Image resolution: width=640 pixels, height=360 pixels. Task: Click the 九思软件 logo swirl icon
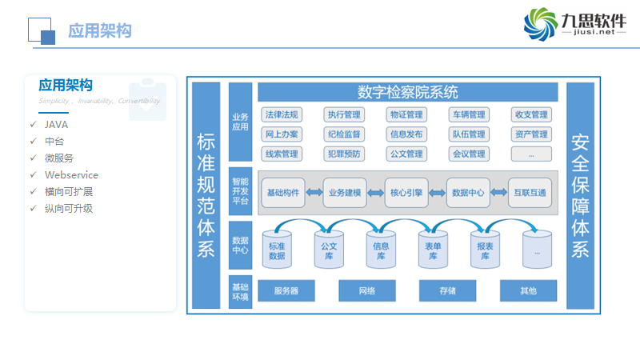(542, 25)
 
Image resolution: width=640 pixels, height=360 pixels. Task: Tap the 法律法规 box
(282, 115)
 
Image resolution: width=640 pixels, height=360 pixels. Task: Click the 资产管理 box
(531, 134)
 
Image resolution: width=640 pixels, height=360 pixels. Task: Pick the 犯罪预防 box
(344, 154)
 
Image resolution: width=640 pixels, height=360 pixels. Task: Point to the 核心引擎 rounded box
(407, 193)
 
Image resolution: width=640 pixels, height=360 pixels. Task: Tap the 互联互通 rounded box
(530, 193)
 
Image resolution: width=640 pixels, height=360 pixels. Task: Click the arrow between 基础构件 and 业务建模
(314, 193)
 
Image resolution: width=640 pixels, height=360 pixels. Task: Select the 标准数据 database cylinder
(277, 250)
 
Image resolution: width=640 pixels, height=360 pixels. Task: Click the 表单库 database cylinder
(432, 250)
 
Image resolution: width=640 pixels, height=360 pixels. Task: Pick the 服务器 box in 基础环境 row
(286, 290)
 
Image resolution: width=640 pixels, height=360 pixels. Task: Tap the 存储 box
(448, 290)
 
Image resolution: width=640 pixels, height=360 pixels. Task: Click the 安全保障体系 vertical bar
(580, 195)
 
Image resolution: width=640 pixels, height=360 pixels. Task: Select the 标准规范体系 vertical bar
(206, 195)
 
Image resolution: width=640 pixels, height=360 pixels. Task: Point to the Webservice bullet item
(71, 175)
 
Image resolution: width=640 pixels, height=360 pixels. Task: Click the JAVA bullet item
(56, 125)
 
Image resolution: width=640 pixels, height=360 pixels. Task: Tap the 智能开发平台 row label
(240, 192)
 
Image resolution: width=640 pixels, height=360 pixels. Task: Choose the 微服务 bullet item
(59, 158)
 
